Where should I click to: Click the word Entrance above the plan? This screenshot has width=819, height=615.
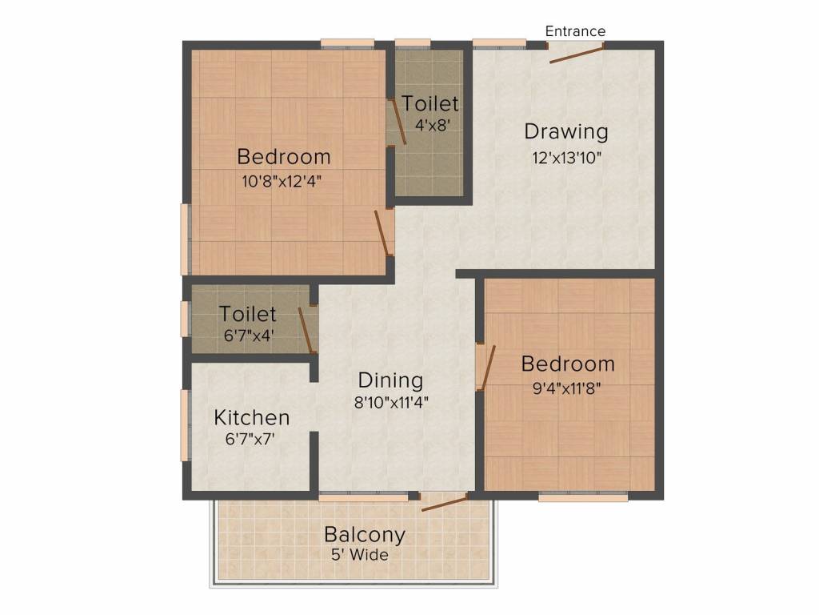click(575, 31)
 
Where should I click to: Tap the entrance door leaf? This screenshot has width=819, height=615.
click(577, 54)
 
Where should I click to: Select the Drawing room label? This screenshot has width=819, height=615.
click(566, 131)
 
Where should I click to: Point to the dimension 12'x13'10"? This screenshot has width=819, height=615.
click(566, 157)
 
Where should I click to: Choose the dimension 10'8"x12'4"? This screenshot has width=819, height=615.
click(282, 181)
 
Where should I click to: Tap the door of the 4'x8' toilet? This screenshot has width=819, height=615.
click(398, 123)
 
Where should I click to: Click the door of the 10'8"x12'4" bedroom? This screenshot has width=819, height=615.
click(382, 233)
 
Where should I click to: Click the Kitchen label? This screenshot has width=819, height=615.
click(251, 418)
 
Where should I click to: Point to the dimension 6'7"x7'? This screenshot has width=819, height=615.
click(251, 439)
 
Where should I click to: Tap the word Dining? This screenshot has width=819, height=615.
click(390, 380)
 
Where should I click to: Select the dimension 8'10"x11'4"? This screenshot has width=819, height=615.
click(392, 403)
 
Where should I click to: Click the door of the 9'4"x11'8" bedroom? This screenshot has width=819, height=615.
click(486, 368)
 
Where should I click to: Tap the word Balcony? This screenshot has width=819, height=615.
click(365, 534)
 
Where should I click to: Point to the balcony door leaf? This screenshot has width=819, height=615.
click(445, 502)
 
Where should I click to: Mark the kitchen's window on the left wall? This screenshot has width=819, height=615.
click(185, 425)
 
